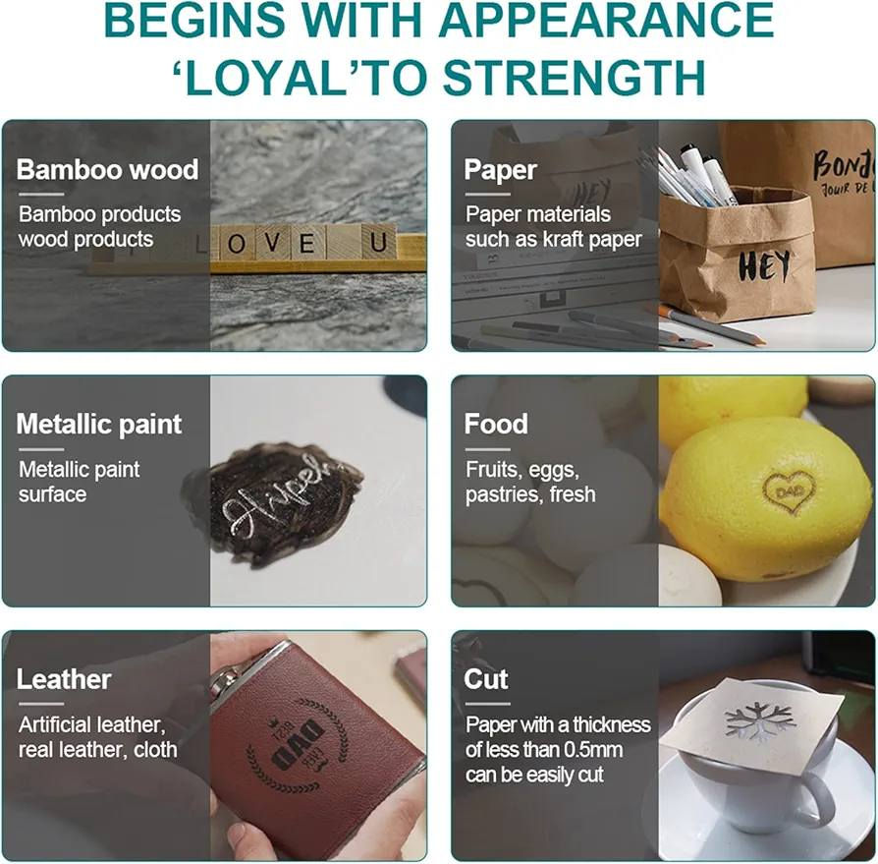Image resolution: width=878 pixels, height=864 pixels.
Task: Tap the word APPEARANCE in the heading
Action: click(x=606, y=20)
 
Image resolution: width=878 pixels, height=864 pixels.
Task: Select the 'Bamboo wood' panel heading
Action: click(x=107, y=169)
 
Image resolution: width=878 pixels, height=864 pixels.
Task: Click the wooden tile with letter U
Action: click(x=378, y=243)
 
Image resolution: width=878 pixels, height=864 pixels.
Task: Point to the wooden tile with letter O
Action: click(x=237, y=243)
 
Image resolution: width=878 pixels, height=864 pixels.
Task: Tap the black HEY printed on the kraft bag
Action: click(x=764, y=265)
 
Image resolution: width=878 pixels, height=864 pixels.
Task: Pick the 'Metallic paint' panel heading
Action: click(x=99, y=425)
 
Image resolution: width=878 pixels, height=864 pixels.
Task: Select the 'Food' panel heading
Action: click(x=496, y=425)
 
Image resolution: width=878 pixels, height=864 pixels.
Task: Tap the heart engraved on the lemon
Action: click(x=790, y=491)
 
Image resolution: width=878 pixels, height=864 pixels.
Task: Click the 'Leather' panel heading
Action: click(x=64, y=679)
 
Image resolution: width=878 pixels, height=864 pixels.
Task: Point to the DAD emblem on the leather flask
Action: click(x=299, y=745)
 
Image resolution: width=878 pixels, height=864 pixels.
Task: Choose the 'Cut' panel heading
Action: click(x=486, y=679)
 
